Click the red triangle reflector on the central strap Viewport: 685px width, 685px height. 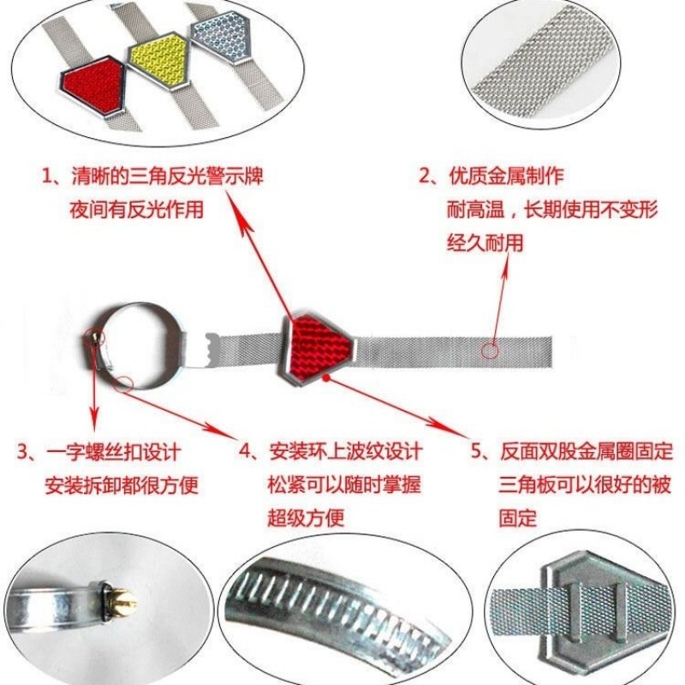318,343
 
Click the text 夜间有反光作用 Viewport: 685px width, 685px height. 137,210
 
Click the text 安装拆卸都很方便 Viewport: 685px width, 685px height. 121,485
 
